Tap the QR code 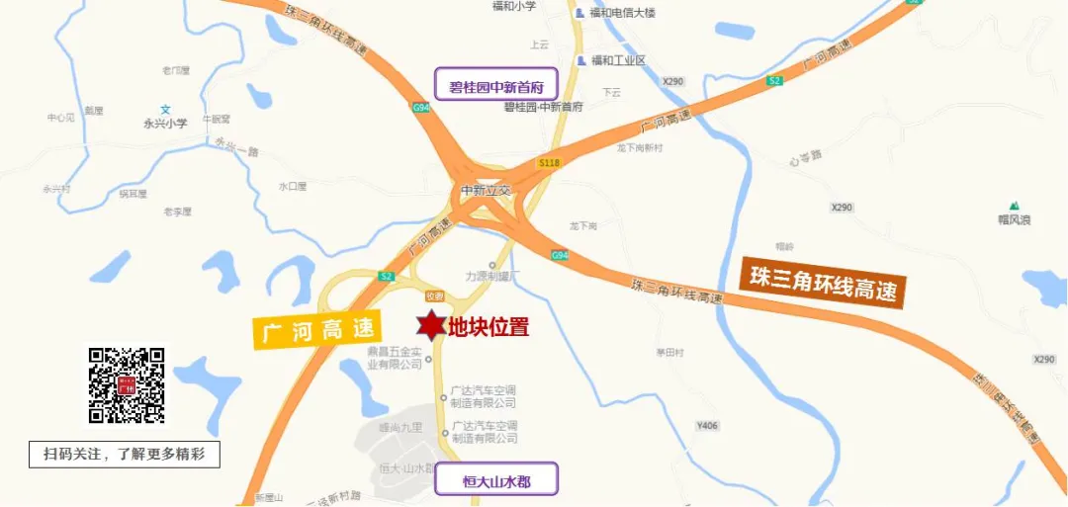(x=127, y=385)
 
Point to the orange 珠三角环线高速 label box (x=823, y=281)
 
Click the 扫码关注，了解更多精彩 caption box (x=124, y=455)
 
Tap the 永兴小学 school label (x=165, y=124)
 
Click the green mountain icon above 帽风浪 (x=1014, y=205)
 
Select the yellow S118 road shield (x=550, y=161)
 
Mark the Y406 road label (x=706, y=426)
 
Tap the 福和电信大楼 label (x=622, y=13)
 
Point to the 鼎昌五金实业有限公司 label (x=395, y=357)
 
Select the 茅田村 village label (x=669, y=353)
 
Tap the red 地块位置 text (x=489, y=327)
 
